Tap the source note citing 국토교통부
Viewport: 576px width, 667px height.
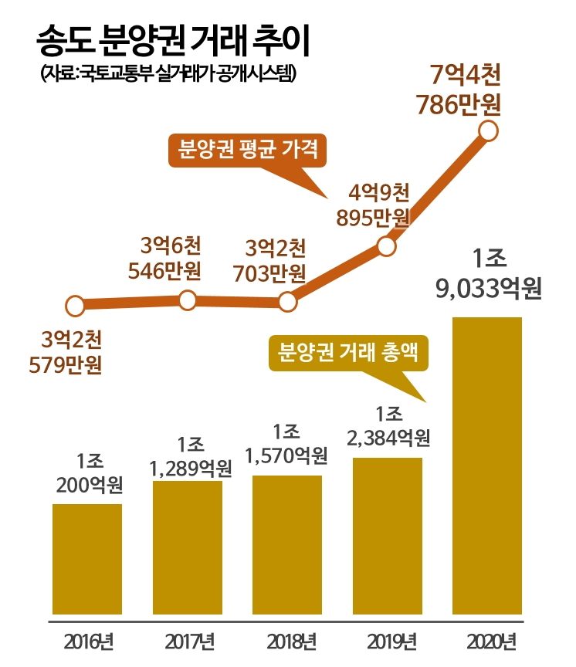(x=167, y=76)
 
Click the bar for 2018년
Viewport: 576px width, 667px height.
(x=287, y=543)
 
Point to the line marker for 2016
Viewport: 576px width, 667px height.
(x=75, y=306)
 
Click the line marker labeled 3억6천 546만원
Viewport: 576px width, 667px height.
(x=188, y=301)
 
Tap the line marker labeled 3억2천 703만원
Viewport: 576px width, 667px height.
(x=287, y=302)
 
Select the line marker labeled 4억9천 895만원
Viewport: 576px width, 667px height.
(x=388, y=247)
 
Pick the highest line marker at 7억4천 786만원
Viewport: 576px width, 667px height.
(x=488, y=132)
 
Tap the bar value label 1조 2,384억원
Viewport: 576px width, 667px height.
(x=388, y=426)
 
